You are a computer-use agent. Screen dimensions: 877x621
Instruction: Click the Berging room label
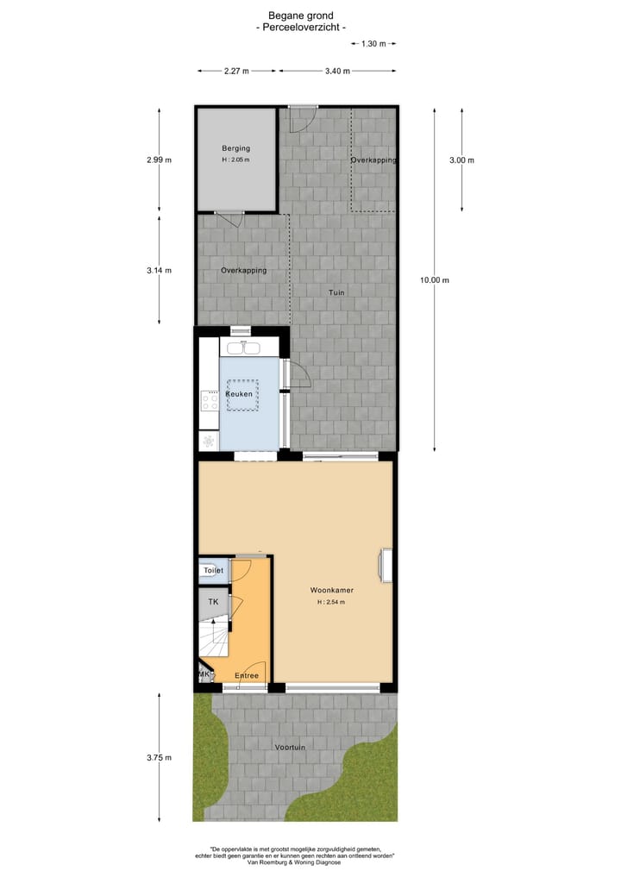click(235, 148)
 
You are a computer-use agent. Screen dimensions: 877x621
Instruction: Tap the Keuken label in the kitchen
click(239, 394)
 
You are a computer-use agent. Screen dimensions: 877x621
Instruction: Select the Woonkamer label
click(332, 591)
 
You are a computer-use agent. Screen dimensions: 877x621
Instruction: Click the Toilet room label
click(213, 571)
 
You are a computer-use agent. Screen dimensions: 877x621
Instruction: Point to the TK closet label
click(213, 601)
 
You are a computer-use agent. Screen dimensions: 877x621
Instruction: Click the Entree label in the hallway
click(247, 675)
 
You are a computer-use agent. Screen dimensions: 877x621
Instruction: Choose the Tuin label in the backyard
click(336, 293)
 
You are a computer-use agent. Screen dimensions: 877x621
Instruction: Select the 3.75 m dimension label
click(159, 757)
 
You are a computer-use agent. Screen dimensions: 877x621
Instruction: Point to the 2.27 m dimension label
click(236, 71)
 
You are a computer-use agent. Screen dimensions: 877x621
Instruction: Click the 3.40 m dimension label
click(337, 71)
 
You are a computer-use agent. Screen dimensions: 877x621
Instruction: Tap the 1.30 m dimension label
click(373, 43)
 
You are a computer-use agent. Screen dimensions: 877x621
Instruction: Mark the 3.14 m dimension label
click(159, 270)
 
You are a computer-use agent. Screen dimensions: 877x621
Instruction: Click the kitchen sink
click(241, 348)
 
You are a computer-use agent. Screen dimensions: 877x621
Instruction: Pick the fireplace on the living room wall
click(386, 565)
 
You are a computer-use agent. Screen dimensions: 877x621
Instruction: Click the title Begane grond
click(301, 16)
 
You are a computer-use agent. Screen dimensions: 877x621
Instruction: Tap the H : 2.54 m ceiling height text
click(331, 602)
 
